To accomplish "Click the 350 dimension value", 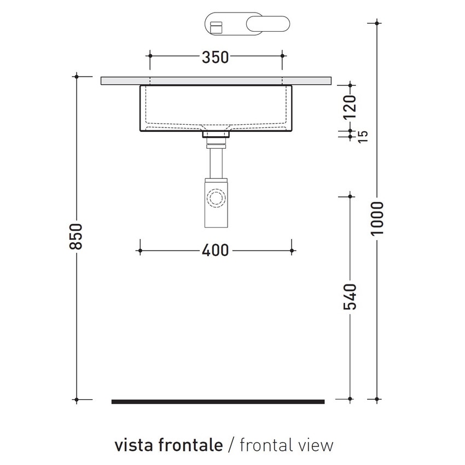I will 215,57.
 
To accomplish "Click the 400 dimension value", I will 215,251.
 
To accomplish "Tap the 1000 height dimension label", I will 377,219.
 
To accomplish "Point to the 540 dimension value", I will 350,297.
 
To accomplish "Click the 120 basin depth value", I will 351,107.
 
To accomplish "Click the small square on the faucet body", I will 217,25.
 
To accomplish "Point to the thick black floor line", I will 218,402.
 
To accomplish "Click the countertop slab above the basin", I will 216,80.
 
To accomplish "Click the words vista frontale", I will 168,445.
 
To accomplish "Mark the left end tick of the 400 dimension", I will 140,251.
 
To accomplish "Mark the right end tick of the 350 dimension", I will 282,55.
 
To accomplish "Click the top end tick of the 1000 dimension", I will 377,22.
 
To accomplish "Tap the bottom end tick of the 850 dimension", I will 77,400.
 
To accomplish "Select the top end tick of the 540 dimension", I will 350,195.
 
